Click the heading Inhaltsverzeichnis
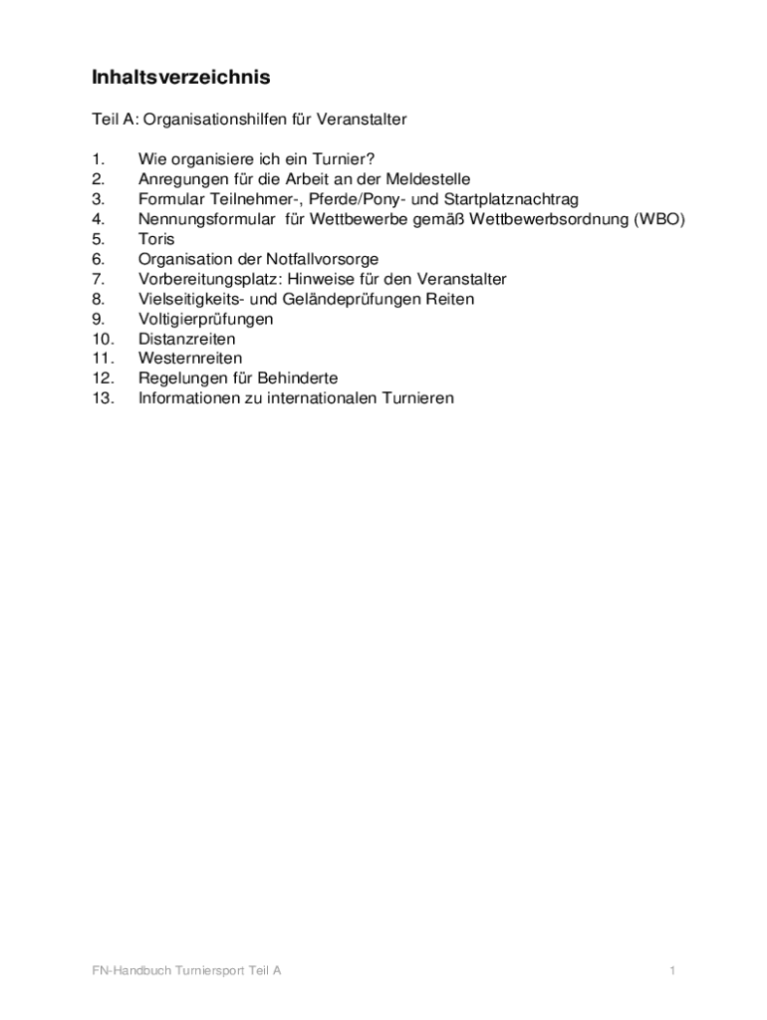[181, 77]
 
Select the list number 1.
[98, 159]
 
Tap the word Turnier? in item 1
[343, 159]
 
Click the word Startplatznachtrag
[511, 199]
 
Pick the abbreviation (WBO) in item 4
[660, 219]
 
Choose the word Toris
[156, 239]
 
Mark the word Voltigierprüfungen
[205, 319]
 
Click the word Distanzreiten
[187, 339]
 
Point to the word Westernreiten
[190, 359]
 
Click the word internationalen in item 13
[323, 398]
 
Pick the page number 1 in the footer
[673, 970]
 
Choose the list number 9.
[98, 319]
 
